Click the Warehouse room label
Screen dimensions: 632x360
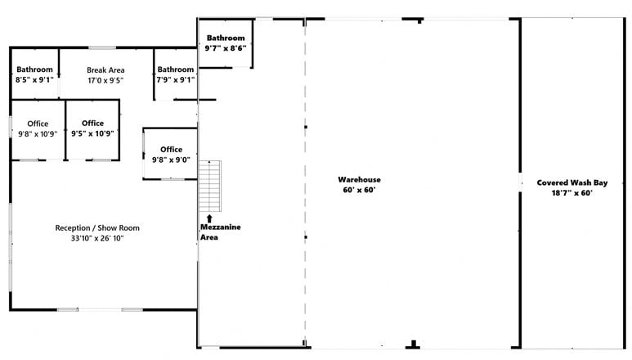click(359, 179)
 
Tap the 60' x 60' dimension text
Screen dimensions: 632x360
click(359, 190)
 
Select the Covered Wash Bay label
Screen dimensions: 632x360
click(572, 182)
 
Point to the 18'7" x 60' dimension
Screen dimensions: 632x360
click(572, 193)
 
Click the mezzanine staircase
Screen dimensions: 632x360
click(209, 186)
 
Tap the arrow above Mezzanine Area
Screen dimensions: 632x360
click(209, 218)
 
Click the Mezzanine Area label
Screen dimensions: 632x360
click(220, 232)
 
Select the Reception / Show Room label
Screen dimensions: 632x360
click(97, 227)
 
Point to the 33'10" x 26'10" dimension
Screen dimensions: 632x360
click(97, 238)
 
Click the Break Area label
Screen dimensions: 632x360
click(105, 70)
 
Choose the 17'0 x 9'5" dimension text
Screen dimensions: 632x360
click(105, 80)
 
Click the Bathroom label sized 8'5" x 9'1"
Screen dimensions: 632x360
click(34, 70)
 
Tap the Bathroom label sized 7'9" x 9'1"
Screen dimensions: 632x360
click(175, 70)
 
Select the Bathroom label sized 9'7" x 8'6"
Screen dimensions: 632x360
click(226, 38)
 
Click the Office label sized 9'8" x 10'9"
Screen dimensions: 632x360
click(38, 124)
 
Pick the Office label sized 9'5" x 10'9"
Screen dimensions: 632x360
click(92, 123)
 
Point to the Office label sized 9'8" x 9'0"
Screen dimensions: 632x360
click(172, 149)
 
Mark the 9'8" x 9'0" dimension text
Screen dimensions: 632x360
click(171, 160)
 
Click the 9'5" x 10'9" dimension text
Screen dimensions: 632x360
click(92, 133)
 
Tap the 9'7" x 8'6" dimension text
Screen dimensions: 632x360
click(226, 48)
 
